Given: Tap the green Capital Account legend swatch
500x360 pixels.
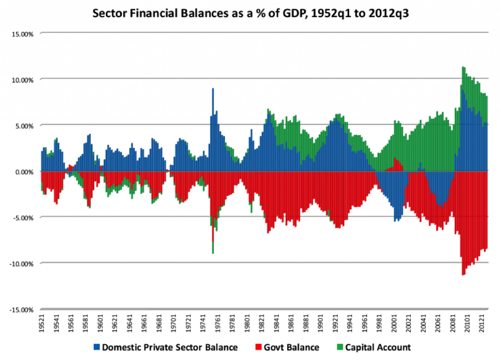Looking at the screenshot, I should [x=340, y=348].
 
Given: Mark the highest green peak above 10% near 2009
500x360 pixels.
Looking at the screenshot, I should [x=463, y=68].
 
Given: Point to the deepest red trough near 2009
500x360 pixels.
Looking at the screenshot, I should [x=462, y=273].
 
